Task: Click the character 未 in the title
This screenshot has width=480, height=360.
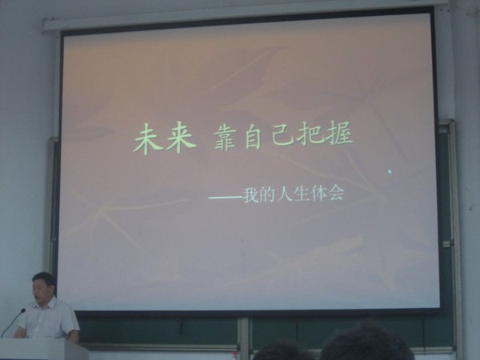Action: (x=148, y=139)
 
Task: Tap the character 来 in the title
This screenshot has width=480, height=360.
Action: (x=180, y=138)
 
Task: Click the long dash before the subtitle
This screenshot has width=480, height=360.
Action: (x=225, y=198)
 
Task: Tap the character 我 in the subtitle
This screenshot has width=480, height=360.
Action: (x=251, y=195)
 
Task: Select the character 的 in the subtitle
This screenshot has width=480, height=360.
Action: (x=267, y=194)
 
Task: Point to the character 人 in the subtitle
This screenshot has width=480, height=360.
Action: (x=284, y=194)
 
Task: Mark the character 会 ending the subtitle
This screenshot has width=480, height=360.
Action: (x=336, y=193)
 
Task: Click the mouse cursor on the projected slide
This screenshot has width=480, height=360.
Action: (x=390, y=172)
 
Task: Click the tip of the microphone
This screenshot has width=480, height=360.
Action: (x=23, y=310)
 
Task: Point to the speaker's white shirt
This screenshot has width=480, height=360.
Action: (x=49, y=320)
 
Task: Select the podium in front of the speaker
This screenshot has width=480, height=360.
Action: (x=40, y=350)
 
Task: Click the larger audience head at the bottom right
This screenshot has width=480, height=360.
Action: (x=366, y=343)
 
